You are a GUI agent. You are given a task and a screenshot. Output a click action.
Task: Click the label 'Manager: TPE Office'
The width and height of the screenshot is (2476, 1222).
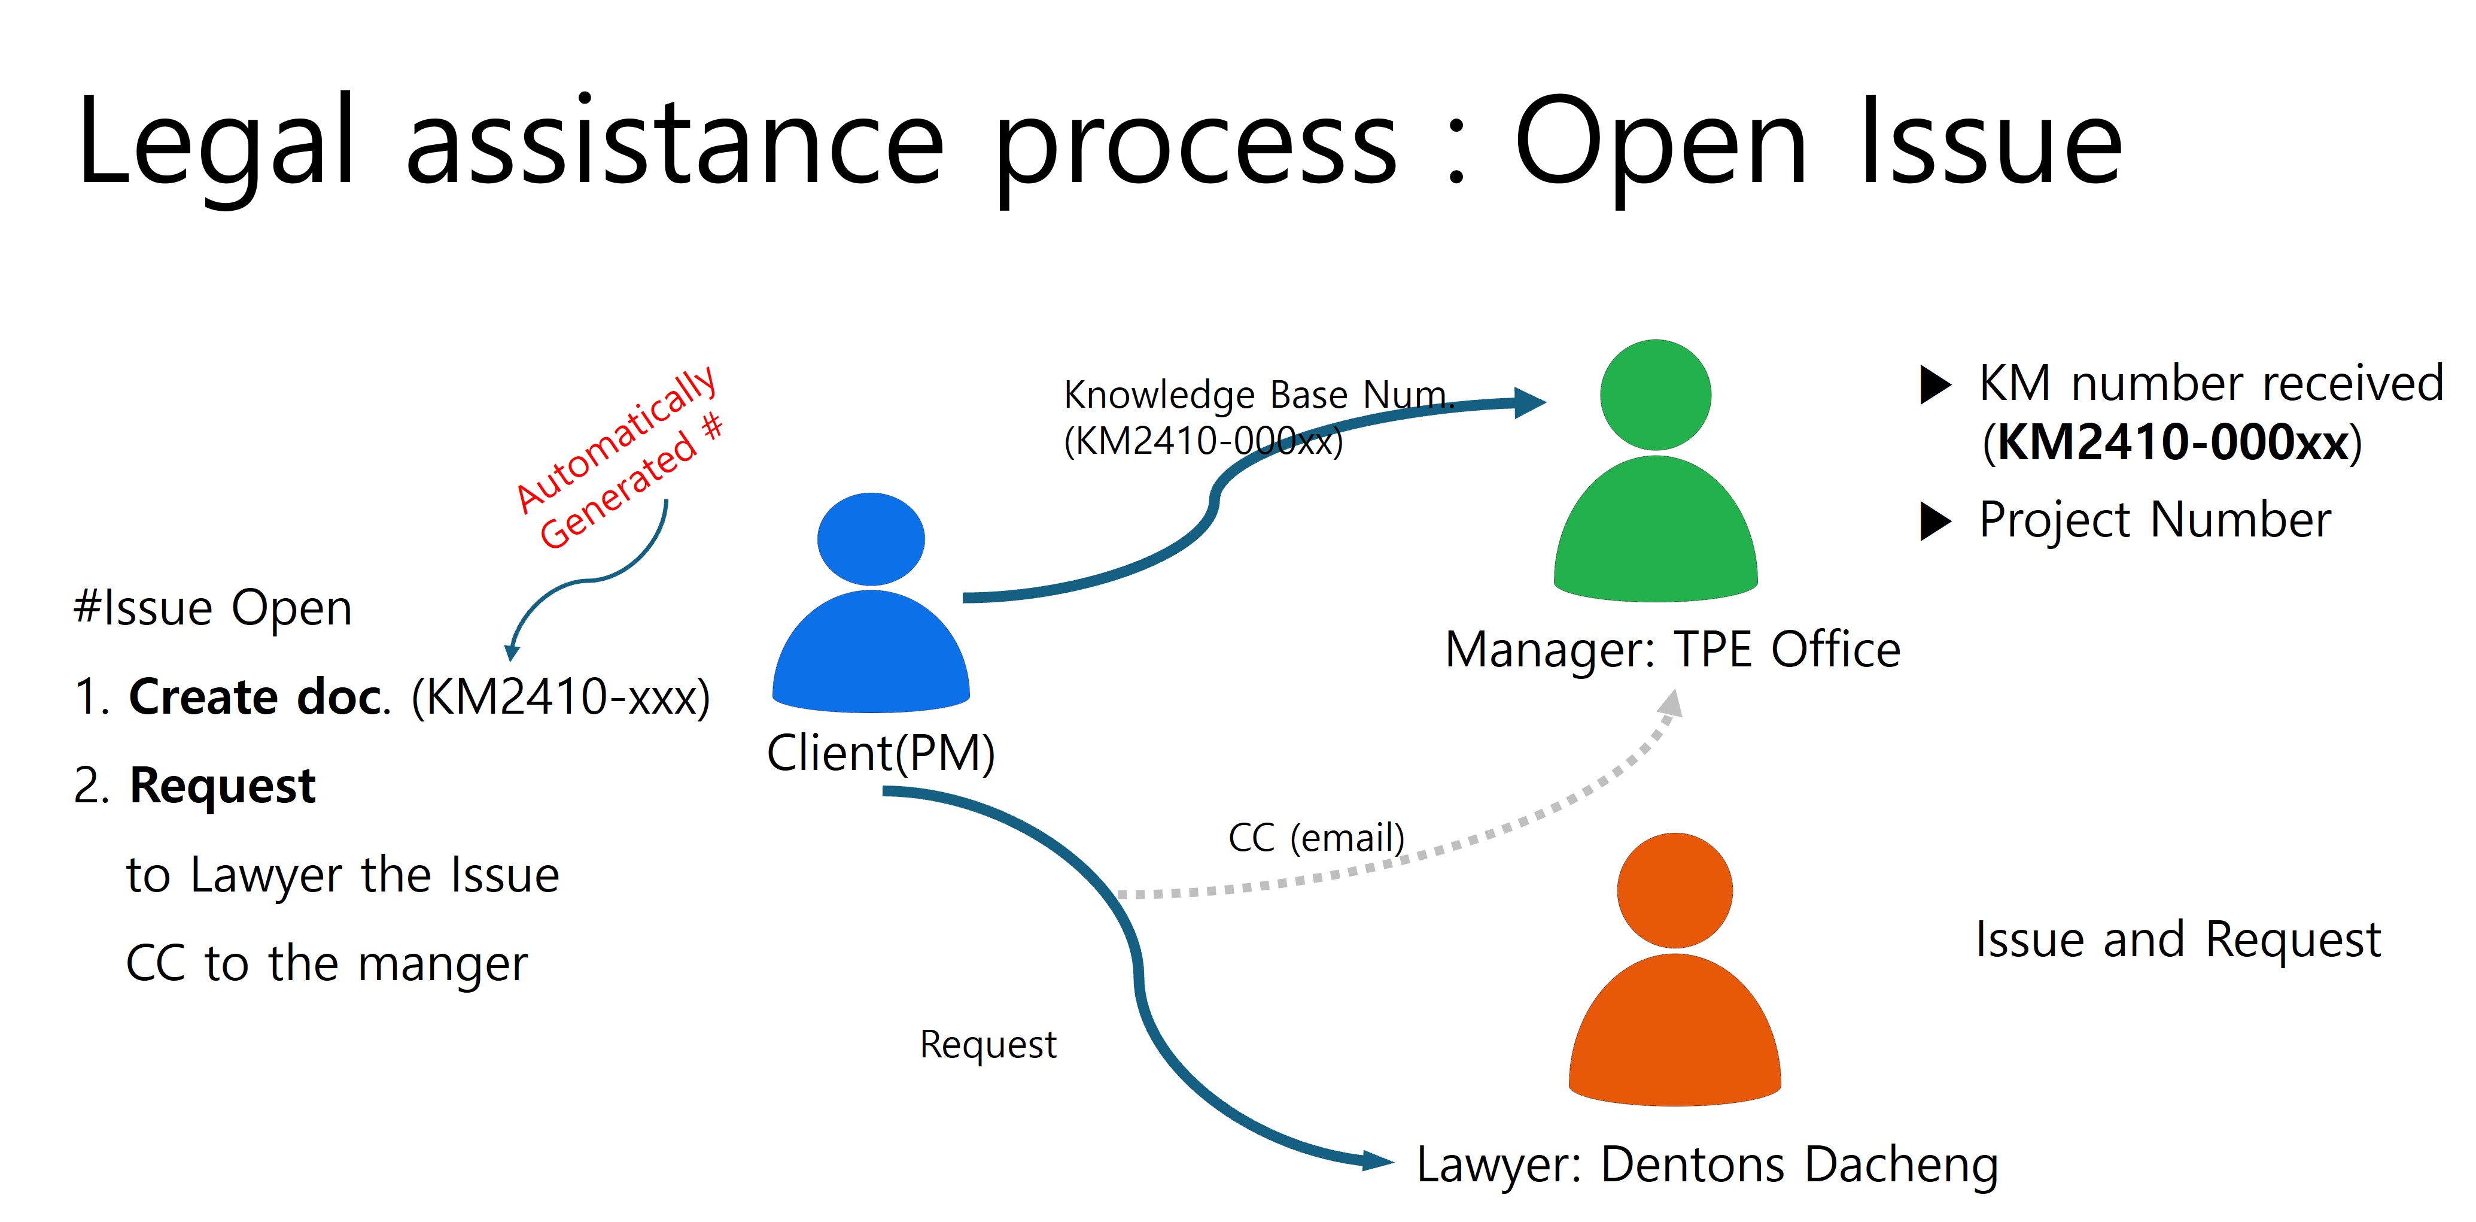[1672, 650]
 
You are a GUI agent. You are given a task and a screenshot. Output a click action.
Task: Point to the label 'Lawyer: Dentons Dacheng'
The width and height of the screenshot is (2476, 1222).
[1707, 1165]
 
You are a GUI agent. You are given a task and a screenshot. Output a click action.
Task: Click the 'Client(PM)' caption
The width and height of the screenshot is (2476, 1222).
[880, 753]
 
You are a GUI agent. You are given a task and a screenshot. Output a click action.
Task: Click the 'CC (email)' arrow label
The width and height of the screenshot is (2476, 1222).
[1316, 838]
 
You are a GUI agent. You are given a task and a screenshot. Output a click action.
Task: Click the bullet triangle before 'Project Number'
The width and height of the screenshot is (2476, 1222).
[1935, 521]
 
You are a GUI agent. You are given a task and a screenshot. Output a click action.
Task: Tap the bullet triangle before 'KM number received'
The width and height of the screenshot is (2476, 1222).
[1935, 384]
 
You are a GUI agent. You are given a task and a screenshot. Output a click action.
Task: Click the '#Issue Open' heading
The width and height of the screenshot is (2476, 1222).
[214, 608]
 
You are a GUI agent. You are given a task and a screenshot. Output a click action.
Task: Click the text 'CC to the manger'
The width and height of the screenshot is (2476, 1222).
[327, 963]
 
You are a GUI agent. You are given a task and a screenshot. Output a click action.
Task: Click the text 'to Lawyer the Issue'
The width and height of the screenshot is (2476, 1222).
[342, 875]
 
